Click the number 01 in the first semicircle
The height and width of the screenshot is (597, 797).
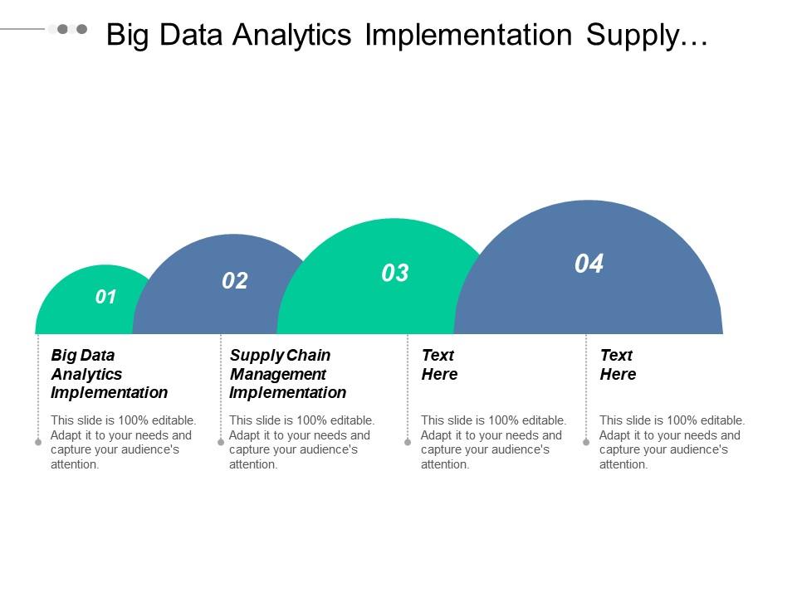(106, 297)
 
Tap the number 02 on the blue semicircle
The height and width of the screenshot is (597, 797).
(235, 281)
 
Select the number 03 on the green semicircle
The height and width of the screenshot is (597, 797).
(395, 273)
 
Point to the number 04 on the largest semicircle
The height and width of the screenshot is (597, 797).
(589, 264)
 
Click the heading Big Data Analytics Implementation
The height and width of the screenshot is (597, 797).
(109, 374)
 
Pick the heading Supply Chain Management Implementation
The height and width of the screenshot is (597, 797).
(287, 374)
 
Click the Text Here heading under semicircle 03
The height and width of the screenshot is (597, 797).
(439, 365)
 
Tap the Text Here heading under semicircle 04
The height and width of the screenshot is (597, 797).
(618, 365)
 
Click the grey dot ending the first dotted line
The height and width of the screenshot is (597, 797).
(38, 442)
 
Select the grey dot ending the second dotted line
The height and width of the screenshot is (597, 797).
(220, 442)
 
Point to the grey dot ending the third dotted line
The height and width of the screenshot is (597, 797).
(408, 442)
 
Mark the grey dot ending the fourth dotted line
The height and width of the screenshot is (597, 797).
(586, 442)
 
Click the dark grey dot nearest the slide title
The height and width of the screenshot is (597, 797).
(81, 29)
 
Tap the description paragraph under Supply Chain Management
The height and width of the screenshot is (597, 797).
(301, 442)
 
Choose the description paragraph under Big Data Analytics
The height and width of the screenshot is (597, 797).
(123, 442)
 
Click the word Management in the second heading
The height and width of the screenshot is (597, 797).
(278, 374)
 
